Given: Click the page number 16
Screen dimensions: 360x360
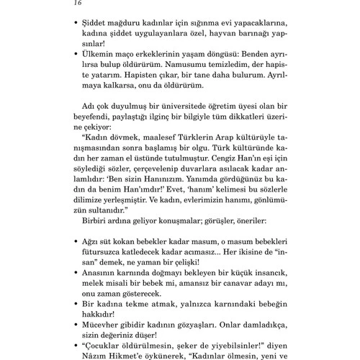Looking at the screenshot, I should click(78, 4).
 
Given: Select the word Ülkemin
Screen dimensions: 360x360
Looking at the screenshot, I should click(104, 55).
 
